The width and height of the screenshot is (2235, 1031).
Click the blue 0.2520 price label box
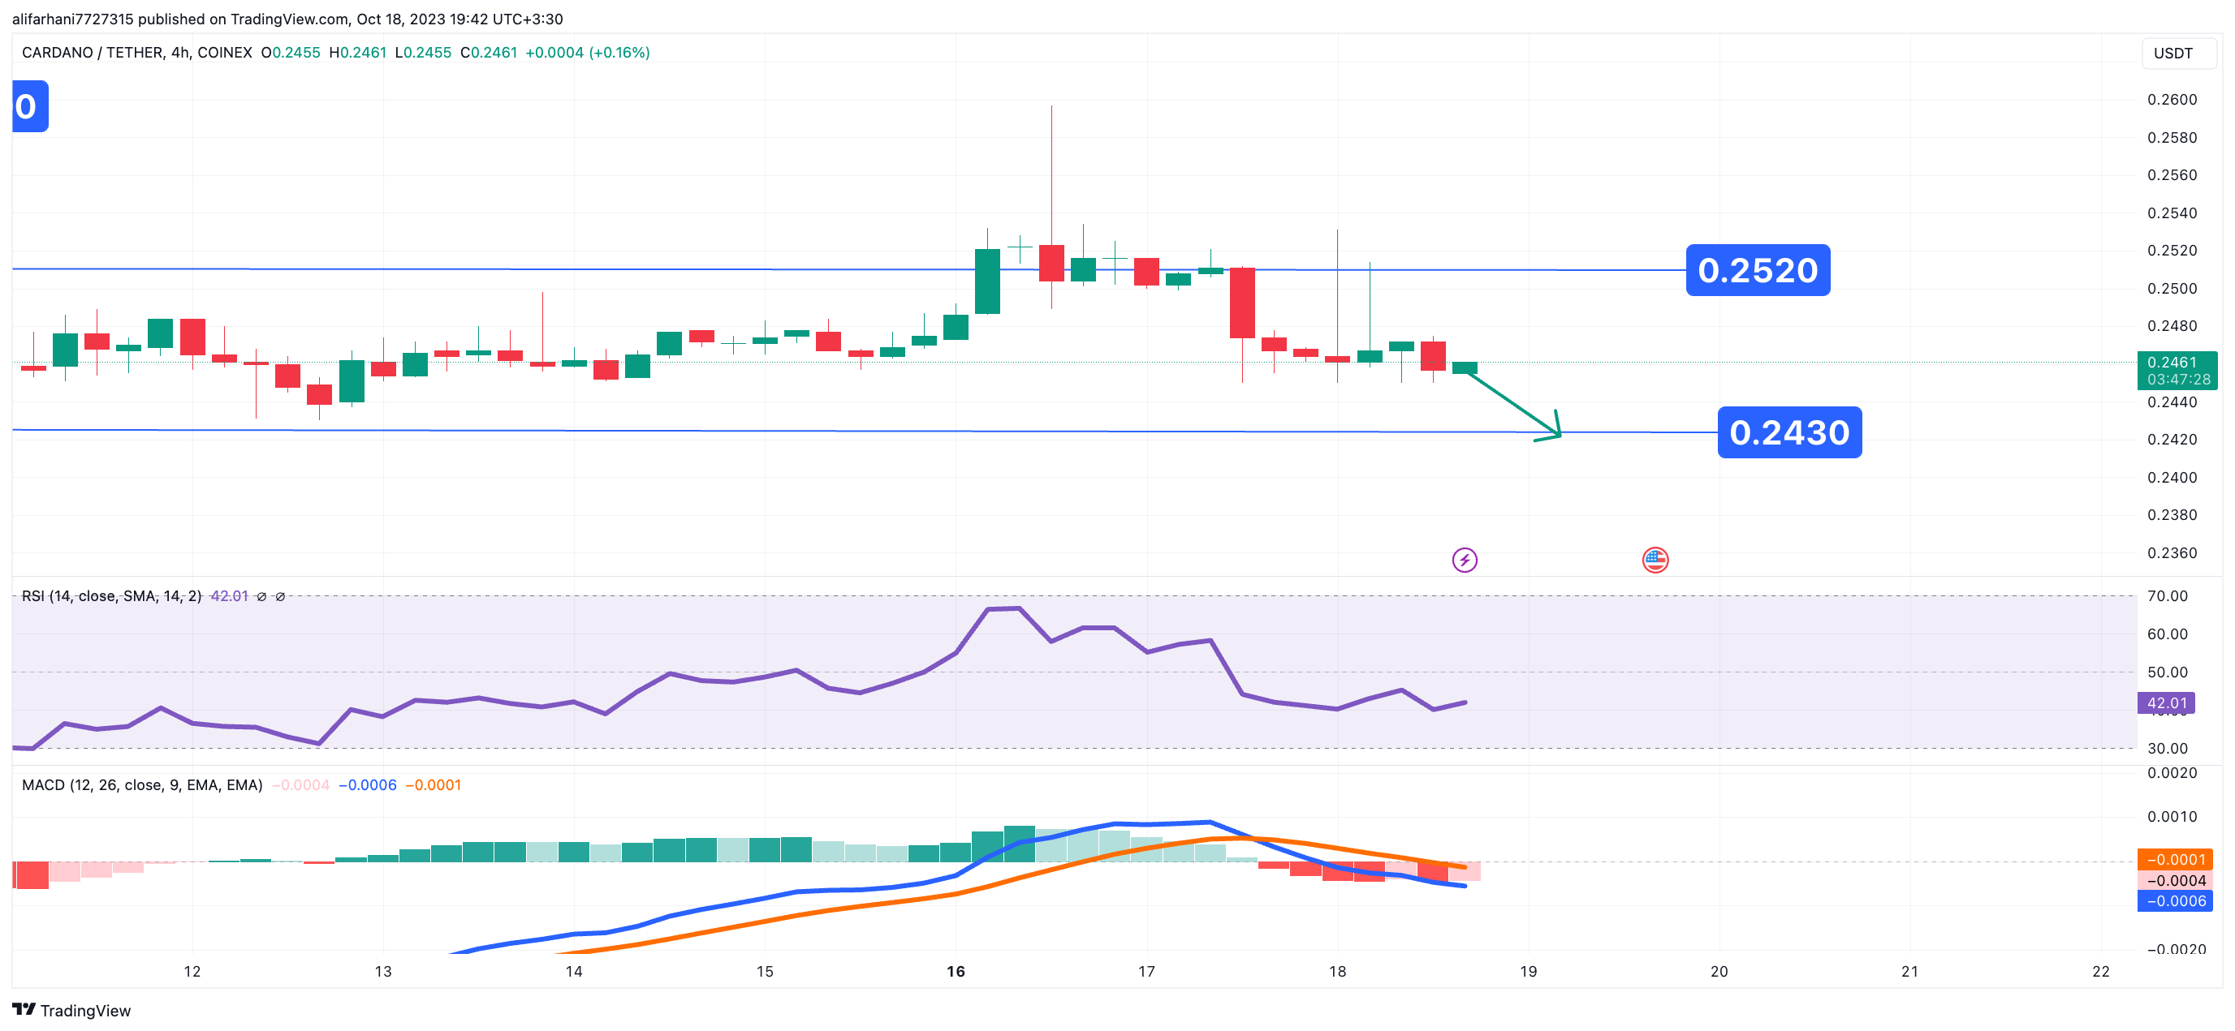pos(1758,269)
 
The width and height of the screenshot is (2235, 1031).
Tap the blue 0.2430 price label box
pos(1789,432)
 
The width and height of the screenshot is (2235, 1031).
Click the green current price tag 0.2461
pos(2177,370)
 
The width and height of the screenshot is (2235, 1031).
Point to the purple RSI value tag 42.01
pos(2166,702)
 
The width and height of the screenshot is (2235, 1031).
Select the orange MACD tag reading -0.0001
pos(2174,859)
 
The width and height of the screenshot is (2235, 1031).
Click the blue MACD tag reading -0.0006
pos(2174,901)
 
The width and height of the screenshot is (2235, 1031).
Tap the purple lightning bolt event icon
pos(1465,561)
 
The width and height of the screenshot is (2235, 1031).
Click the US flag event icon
pos(1655,561)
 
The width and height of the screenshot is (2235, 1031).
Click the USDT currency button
pos(2172,53)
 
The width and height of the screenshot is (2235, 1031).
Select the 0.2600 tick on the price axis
pos(2172,100)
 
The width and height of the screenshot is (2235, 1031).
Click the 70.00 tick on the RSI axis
pos(2168,595)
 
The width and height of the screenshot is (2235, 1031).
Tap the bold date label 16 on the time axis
pos(956,971)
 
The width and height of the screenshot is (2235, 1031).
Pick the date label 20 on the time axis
pos(1719,971)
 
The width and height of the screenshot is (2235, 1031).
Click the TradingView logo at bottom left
pos(71,1010)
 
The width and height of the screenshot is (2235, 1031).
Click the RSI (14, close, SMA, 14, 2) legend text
pos(111,595)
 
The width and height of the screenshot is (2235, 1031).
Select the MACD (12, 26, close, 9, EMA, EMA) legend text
pos(142,784)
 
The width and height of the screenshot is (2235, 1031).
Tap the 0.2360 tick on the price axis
pos(2172,552)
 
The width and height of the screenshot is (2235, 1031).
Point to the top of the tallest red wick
pos(1051,105)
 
